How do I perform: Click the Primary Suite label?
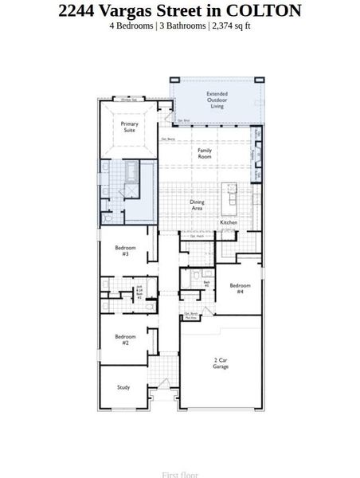pyautogui.click(x=129, y=127)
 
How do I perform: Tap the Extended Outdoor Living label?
pyautogui.click(x=217, y=100)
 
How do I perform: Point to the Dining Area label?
pyautogui.click(x=197, y=205)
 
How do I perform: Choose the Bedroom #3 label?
pyautogui.click(x=126, y=250)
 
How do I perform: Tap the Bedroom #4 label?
pyautogui.click(x=240, y=288)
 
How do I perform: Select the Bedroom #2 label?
pyautogui.click(x=126, y=339)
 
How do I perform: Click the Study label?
pyautogui.click(x=123, y=387)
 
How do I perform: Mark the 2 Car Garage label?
pyautogui.click(x=222, y=363)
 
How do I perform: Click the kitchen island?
pyautogui.click(x=229, y=193)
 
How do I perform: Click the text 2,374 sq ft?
pyautogui.click(x=231, y=25)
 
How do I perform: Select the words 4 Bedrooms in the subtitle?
pyautogui.click(x=131, y=25)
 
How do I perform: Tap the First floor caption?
pyautogui.click(x=180, y=475)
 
